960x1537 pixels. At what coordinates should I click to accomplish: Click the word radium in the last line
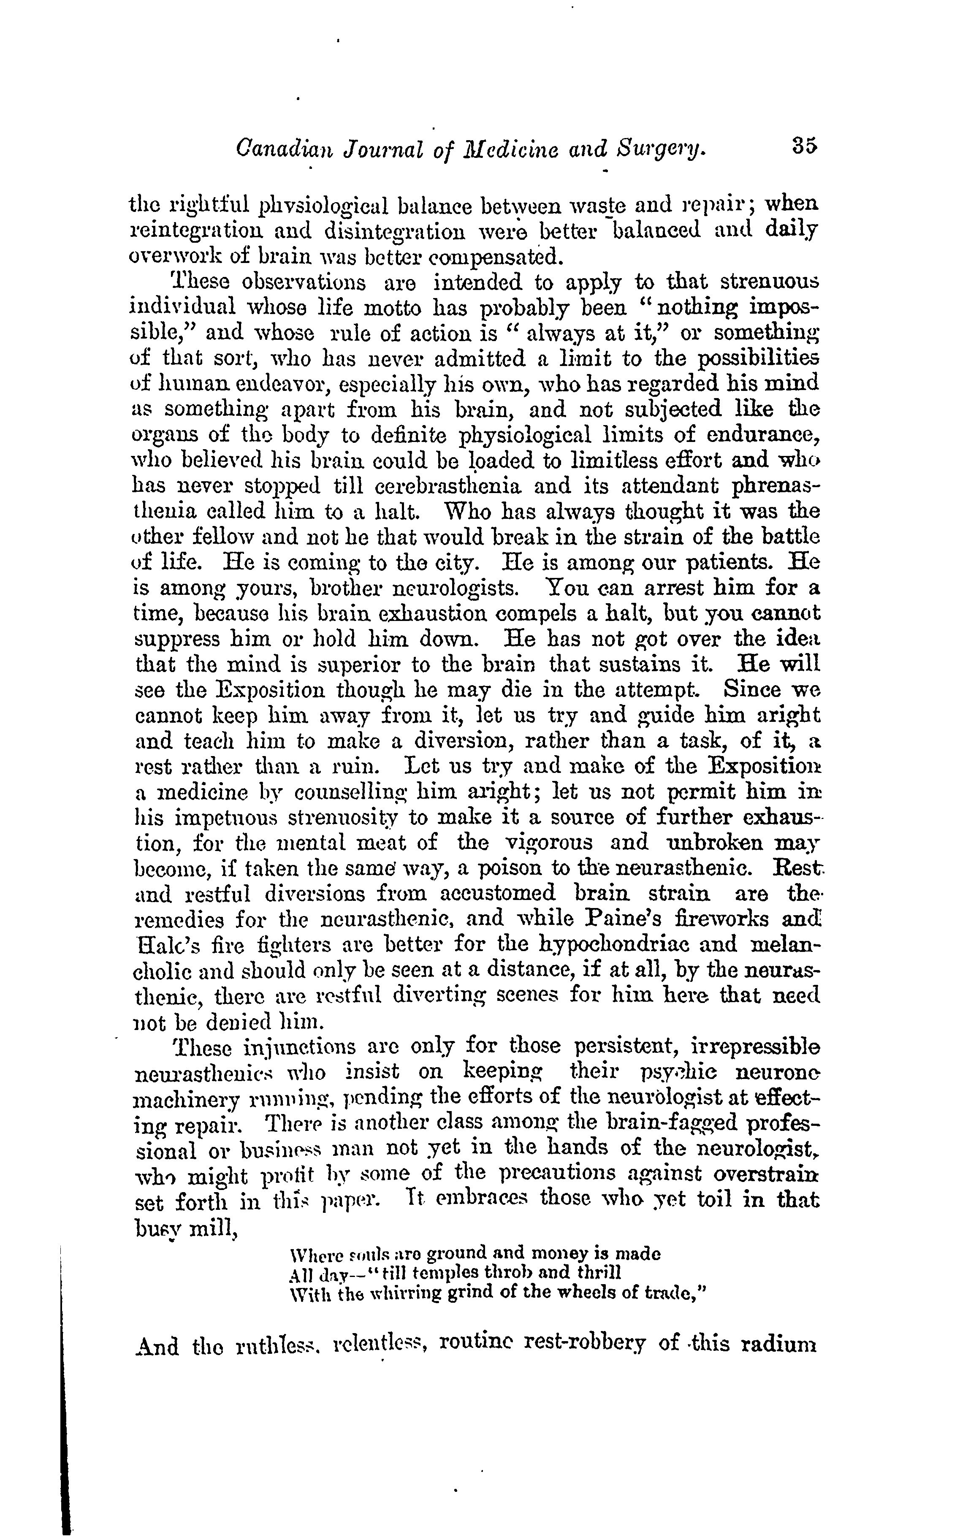tap(784, 1361)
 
